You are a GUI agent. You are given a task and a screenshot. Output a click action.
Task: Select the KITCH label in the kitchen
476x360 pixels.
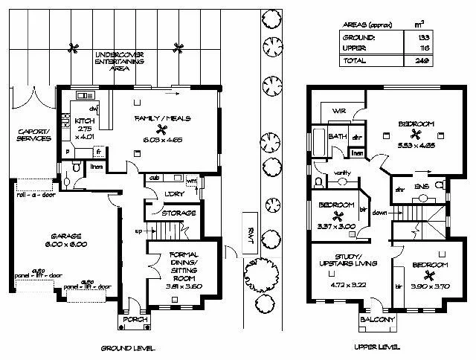(x=84, y=120)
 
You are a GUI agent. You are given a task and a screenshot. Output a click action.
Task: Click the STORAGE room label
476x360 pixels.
(x=180, y=213)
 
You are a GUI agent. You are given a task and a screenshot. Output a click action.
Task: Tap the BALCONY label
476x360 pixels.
(x=376, y=321)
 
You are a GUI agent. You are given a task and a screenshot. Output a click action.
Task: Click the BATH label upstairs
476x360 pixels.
(x=338, y=137)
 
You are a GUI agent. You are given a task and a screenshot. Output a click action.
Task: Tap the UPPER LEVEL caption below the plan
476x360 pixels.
(x=376, y=347)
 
